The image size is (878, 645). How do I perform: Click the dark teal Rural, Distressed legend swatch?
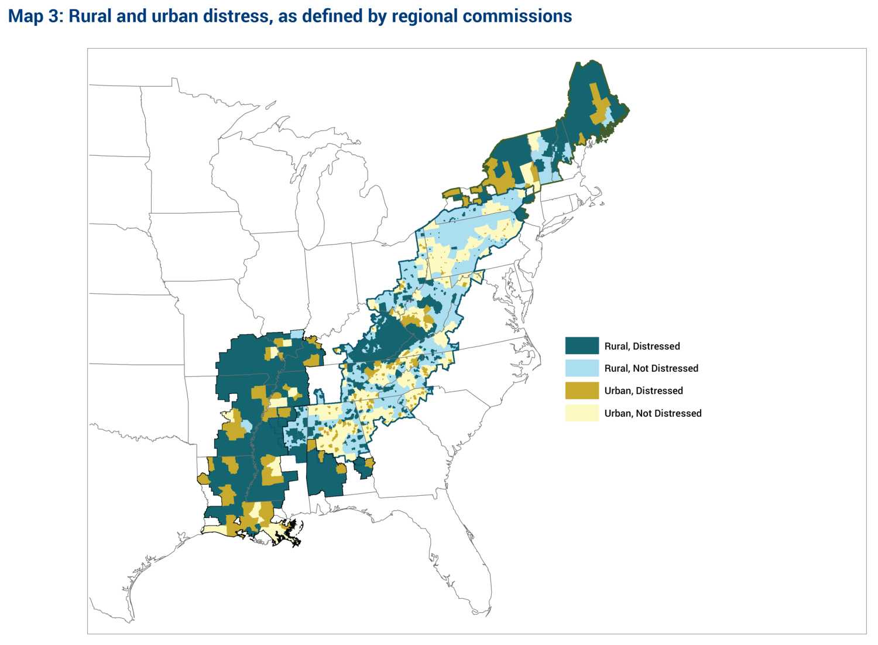pyautogui.click(x=582, y=345)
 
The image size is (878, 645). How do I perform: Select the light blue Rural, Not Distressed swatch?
pyautogui.click(x=582, y=368)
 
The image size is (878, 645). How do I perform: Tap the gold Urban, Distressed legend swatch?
pyautogui.click(x=582, y=390)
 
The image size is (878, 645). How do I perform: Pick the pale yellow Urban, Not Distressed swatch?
pyautogui.click(x=582, y=413)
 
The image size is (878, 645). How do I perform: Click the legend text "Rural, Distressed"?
pyautogui.click(x=642, y=346)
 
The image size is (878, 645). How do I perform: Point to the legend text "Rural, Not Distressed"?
pyautogui.click(x=651, y=368)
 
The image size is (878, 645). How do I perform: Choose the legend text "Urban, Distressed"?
pyautogui.click(x=643, y=390)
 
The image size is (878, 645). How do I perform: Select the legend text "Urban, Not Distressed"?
pyautogui.click(x=653, y=413)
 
